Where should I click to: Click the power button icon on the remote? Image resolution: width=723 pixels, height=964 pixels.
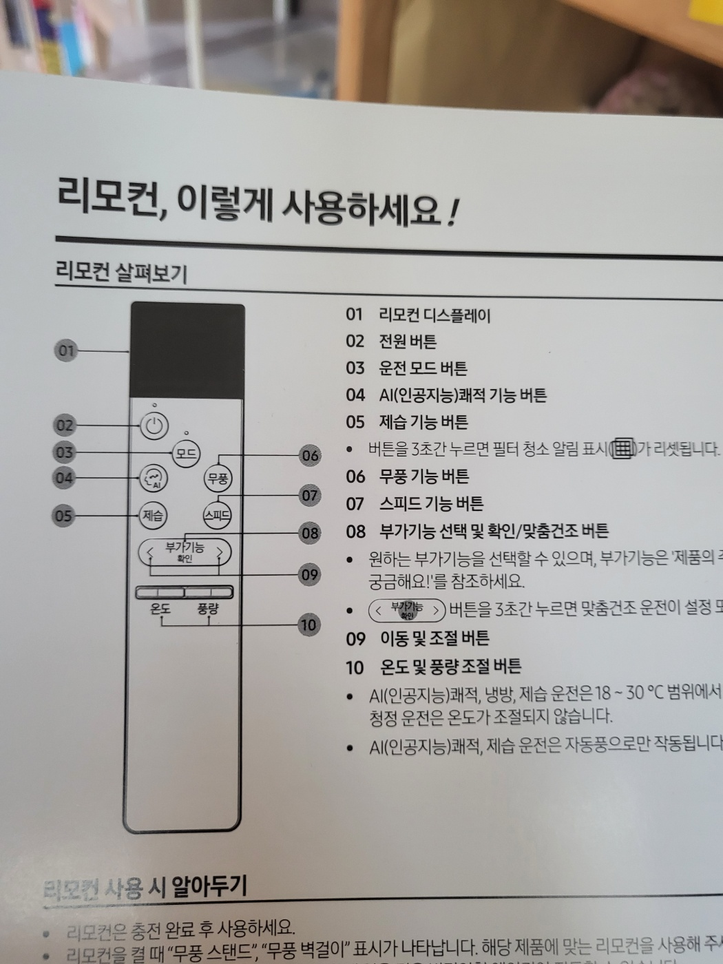point(154,426)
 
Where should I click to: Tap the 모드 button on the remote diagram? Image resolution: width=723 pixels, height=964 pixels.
point(185,454)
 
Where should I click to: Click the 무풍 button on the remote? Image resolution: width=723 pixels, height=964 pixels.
point(218,478)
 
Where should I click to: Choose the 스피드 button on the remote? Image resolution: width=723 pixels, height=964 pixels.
point(217,515)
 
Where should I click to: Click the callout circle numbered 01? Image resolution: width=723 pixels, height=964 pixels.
point(66,350)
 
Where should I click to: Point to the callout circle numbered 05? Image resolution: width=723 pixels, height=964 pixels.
point(63,515)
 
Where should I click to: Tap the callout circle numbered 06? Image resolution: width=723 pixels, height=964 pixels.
point(310,455)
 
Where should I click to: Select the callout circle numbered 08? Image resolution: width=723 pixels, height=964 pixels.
point(310,532)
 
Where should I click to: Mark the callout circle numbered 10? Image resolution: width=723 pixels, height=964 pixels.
point(308,625)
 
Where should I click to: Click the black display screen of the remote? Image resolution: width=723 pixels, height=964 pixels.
point(187,351)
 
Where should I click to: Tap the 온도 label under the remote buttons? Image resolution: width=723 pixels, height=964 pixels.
point(160,609)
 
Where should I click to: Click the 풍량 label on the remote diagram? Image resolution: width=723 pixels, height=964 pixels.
point(208,609)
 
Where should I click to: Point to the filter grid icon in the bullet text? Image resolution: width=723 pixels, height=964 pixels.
point(622,450)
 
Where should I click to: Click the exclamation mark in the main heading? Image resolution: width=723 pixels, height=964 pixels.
point(452,213)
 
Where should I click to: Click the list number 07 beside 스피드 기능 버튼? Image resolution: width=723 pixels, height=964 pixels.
point(355,504)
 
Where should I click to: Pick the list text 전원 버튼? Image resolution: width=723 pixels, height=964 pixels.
point(408,342)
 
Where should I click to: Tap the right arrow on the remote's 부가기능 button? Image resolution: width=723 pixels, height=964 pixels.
point(220,552)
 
